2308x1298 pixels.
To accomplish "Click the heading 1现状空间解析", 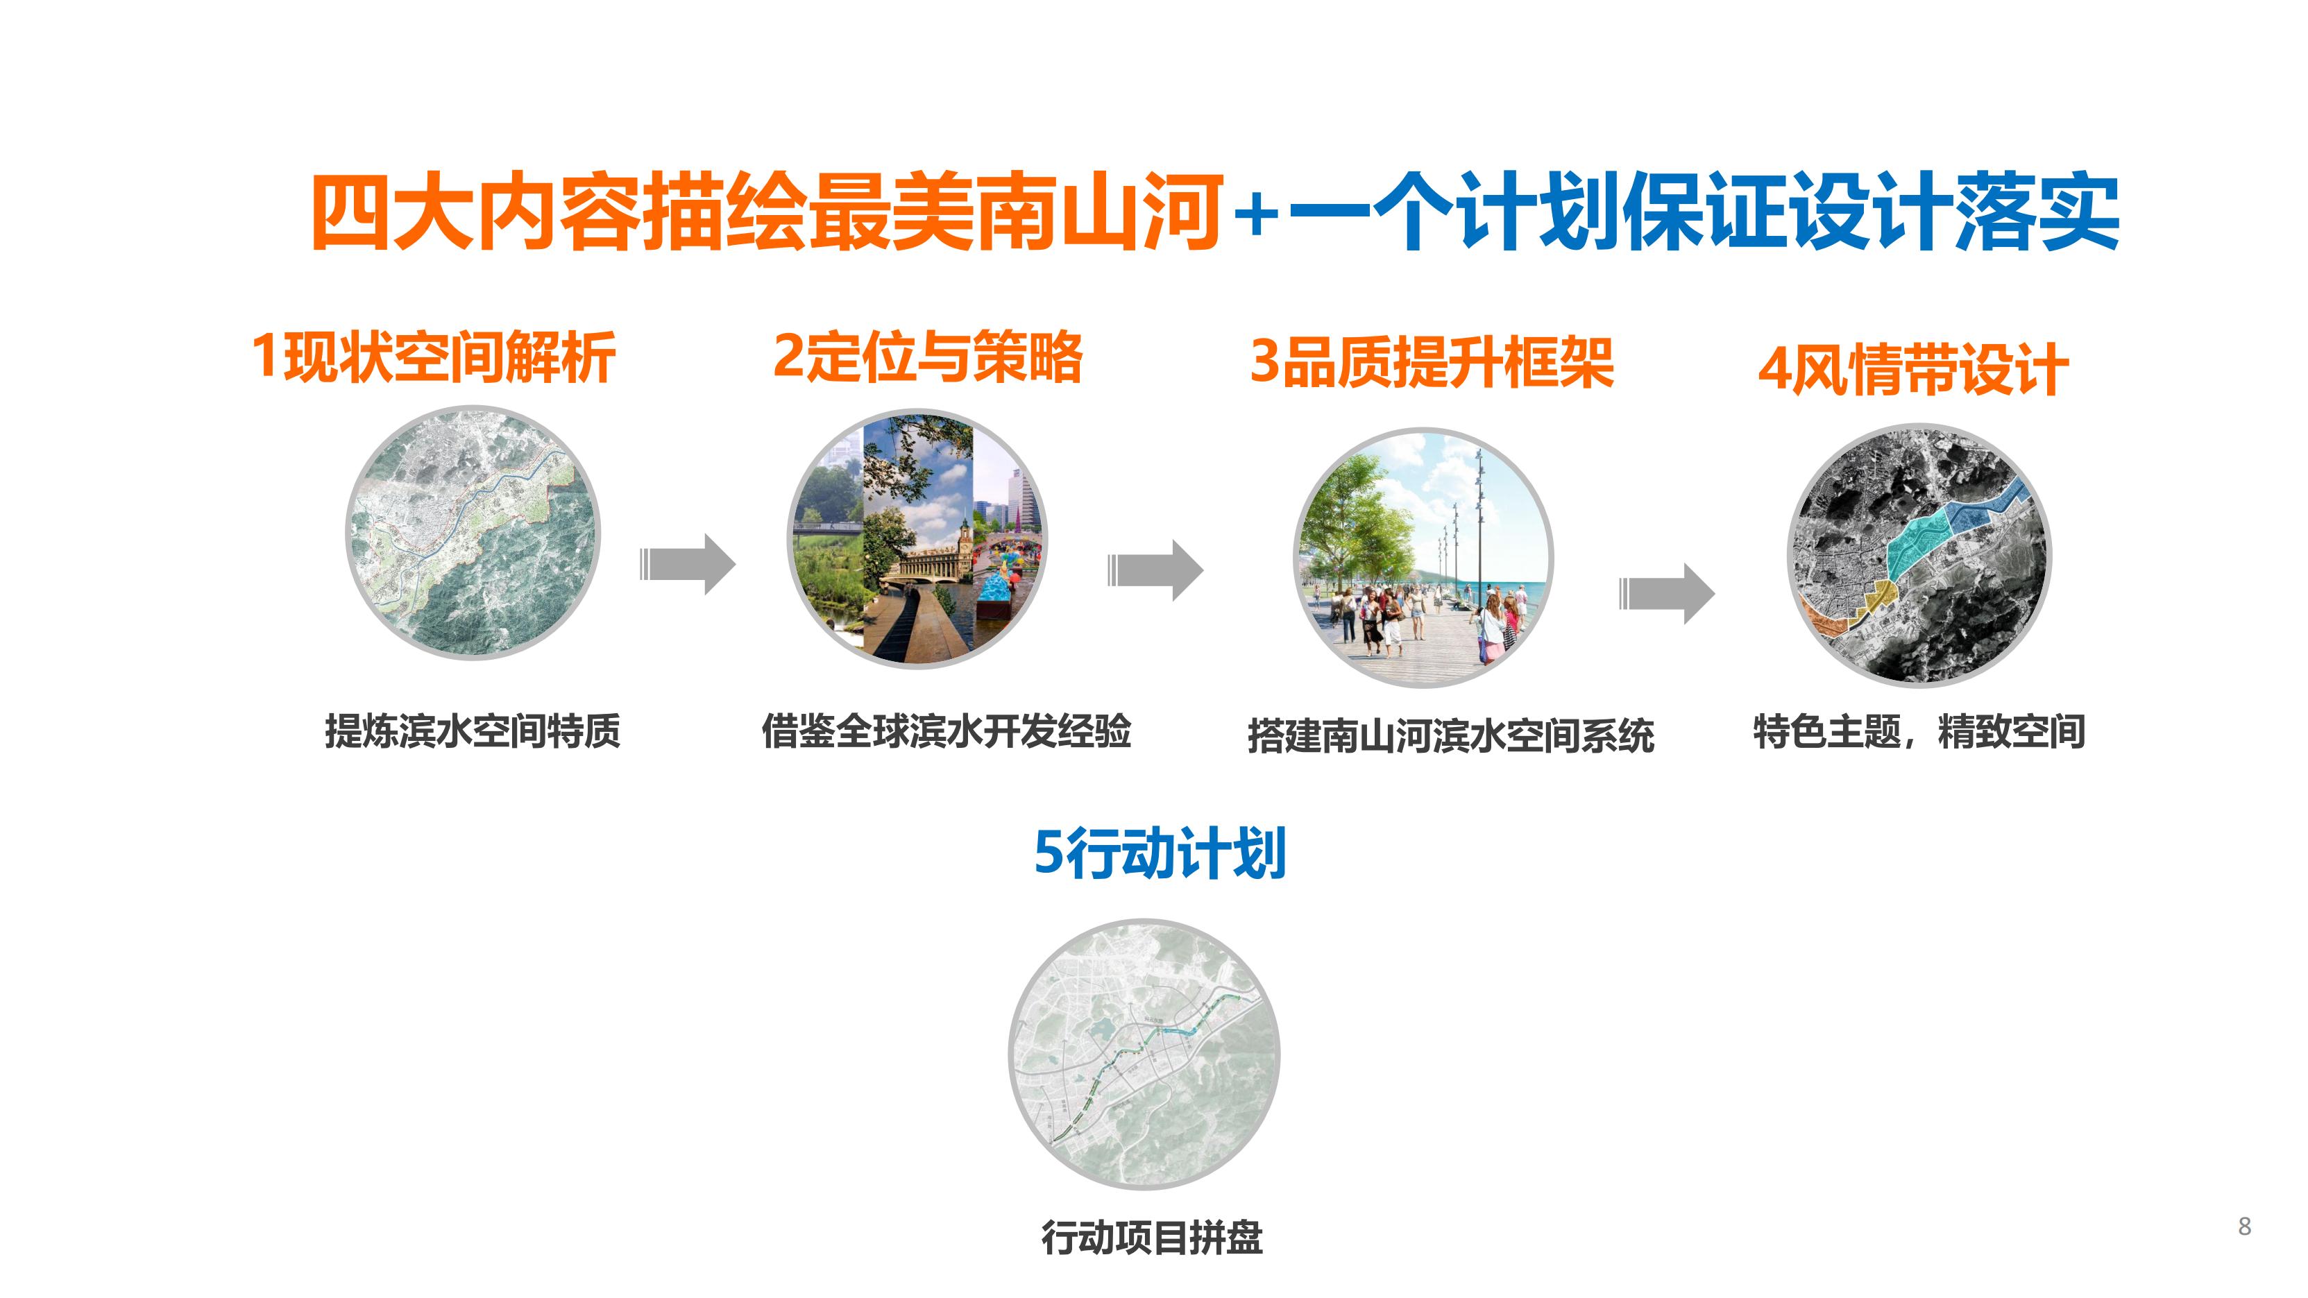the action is click(433, 357).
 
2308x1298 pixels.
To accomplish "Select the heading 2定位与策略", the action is click(927, 356).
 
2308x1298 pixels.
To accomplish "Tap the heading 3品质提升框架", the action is click(1432, 362).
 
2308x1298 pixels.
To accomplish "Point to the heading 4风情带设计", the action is click(1914, 368).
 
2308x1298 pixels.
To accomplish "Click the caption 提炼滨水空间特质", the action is click(472, 731).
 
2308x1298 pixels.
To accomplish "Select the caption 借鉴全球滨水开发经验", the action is click(946, 731).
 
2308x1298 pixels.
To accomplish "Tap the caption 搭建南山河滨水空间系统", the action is click(1450, 736).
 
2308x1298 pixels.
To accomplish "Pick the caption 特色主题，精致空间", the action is click(1919, 731).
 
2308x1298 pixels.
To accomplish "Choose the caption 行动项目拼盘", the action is click(1151, 1238).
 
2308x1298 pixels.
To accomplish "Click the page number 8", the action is click(2244, 1227).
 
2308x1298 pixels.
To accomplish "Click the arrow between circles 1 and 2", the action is click(687, 564).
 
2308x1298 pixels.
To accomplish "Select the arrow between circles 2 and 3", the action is click(1156, 570).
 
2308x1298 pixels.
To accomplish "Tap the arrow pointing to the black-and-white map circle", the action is click(1667, 593).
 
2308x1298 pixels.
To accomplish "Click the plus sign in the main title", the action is click(1255, 216).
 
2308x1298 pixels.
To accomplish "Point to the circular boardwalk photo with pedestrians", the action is click(1424, 557).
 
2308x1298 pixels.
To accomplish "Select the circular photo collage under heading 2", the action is click(917, 538).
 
